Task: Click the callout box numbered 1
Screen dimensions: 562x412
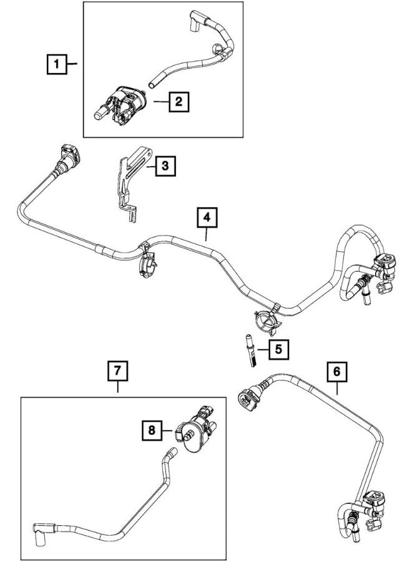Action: (57, 64)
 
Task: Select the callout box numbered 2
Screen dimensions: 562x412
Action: (179, 101)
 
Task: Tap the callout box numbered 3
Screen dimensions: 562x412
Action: (164, 166)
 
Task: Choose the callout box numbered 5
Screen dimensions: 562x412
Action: (278, 349)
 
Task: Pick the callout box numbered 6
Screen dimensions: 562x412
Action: (336, 372)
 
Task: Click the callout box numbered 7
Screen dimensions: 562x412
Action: (118, 372)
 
